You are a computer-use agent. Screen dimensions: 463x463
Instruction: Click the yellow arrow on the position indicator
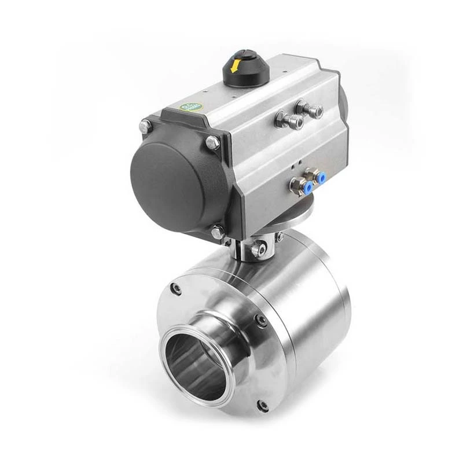click(x=236, y=64)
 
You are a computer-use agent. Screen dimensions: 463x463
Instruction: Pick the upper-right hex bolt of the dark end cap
click(x=212, y=142)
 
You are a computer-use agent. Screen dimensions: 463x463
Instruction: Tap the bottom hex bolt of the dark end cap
click(x=218, y=232)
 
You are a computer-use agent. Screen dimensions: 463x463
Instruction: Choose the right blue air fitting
click(x=319, y=177)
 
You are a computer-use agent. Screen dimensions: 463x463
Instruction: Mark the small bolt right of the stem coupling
click(x=279, y=237)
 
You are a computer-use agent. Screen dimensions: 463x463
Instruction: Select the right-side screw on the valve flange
click(x=260, y=320)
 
